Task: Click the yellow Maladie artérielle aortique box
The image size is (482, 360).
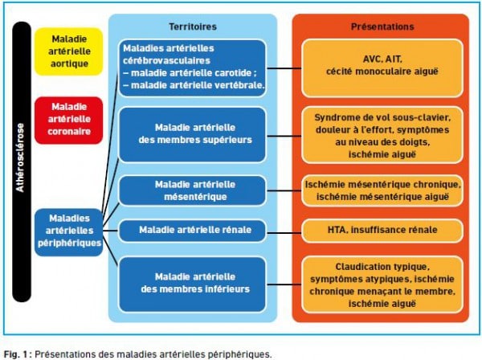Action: pos(68,51)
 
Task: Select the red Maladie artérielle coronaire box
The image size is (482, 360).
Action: pos(68,121)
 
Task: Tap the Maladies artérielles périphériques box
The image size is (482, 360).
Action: pos(68,232)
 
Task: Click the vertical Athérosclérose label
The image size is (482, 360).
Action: pos(20,158)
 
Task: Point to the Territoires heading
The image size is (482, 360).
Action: pos(193,27)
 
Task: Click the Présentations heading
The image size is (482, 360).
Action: pos(382,27)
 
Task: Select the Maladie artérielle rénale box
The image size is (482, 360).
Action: pos(193,231)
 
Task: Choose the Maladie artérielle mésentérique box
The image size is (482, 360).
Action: pos(193,190)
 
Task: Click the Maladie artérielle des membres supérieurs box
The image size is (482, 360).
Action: pos(193,134)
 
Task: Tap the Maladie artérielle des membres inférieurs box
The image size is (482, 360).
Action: pos(193,284)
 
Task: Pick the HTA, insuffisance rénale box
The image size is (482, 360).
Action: pos(382,231)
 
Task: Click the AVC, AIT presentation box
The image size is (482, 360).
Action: pos(382,68)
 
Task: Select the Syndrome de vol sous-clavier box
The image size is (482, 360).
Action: pos(382,135)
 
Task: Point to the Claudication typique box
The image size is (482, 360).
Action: pos(382,285)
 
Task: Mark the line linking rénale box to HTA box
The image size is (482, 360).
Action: pos(284,233)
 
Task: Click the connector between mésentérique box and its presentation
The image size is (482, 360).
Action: pos(284,190)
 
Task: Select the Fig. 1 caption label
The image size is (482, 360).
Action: pos(16,354)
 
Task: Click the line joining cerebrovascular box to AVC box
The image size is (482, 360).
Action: pos(284,68)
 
